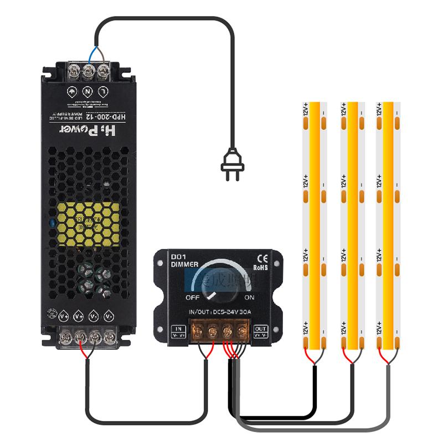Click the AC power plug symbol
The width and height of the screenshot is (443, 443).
pos(232,167)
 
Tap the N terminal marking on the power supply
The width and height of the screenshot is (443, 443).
pos(87,90)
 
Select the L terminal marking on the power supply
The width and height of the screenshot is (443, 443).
pos(103,90)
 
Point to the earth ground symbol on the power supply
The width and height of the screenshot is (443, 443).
pos(72,90)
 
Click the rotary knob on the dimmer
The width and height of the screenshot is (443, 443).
pos(218,281)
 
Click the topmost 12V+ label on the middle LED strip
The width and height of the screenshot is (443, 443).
pos(343,109)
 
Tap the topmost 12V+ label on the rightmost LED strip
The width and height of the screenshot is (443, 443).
pos(379,109)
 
